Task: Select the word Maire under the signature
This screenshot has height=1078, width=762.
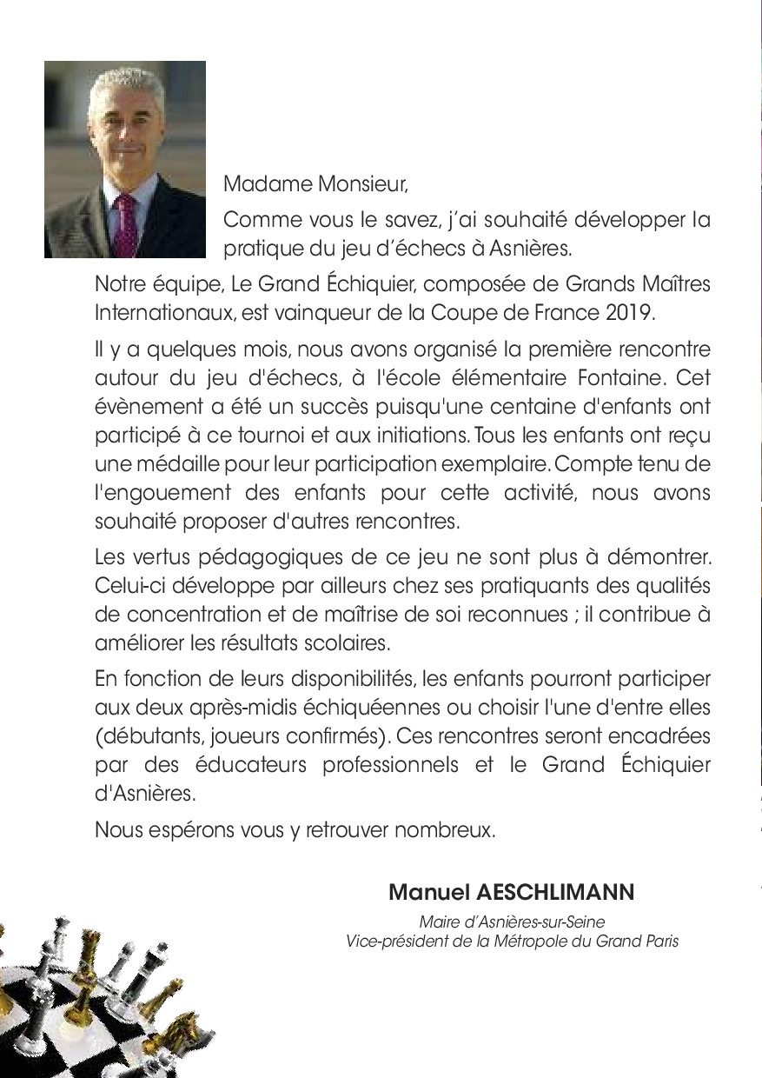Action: click(438, 921)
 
